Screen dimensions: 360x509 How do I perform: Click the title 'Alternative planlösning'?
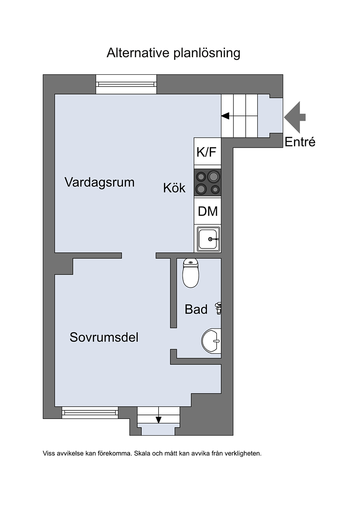173,53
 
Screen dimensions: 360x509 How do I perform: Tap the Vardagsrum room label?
99,182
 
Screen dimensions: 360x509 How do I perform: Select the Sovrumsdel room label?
104,337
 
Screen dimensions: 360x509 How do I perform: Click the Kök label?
174,188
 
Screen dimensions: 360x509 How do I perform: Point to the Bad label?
196,309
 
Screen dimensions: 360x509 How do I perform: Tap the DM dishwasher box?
208,212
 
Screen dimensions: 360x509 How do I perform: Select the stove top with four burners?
208,182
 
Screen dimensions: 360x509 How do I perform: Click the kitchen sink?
209,239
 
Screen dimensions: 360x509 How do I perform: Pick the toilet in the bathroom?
190,273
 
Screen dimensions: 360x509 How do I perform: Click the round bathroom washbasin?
211,341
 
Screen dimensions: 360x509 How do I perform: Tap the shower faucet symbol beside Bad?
218,308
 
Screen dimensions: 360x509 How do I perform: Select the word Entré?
300,142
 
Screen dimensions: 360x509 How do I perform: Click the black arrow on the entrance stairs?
225,116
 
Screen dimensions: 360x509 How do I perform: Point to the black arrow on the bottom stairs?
158,419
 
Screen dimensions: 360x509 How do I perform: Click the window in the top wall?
126,84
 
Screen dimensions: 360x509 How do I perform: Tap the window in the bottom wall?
90,413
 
